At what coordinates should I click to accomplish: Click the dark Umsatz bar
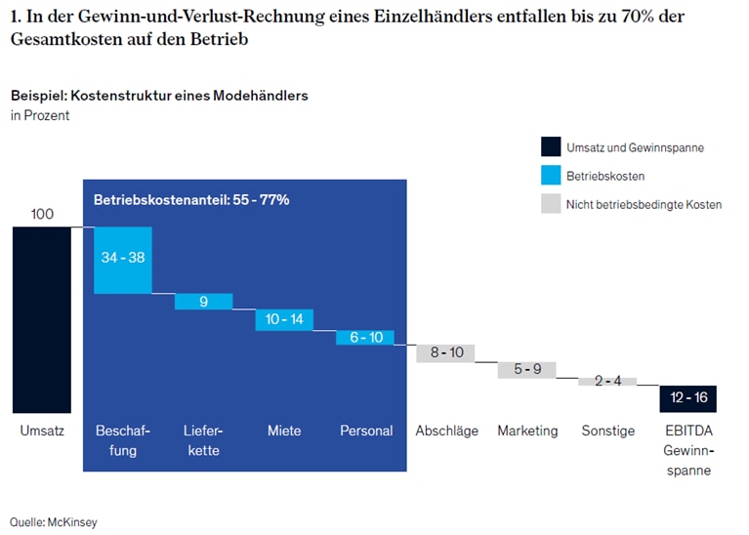tap(42, 319)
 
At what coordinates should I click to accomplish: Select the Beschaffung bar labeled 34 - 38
tap(123, 260)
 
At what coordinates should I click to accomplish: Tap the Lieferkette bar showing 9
tap(203, 302)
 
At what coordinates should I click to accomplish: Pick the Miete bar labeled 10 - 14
tap(284, 319)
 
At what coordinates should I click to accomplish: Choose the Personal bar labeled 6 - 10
tap(365, 337)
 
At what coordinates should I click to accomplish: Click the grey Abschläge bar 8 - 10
tap(446, 352)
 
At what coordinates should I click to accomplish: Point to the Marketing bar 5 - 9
tap(526, 369)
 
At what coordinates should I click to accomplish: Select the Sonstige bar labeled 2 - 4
tap(607, 381)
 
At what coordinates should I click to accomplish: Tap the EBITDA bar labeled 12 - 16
tap(687, 398)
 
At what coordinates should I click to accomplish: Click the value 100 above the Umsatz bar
tap(42, 214)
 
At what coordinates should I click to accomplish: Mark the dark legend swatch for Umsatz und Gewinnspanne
tap(550, 147)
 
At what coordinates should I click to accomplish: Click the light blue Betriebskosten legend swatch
tap(550, 176)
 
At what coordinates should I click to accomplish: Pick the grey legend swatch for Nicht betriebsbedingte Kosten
tap(550, 204)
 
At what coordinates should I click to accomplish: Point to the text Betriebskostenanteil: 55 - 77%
tap(191, 199)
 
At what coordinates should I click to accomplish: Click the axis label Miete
tap(284, 431)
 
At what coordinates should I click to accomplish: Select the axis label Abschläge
tap(445, 431)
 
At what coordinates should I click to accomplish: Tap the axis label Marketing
tap(527, 431)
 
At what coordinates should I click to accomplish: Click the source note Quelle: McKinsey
tap(54, 522)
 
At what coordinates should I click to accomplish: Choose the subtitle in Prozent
tap(40, 116)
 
